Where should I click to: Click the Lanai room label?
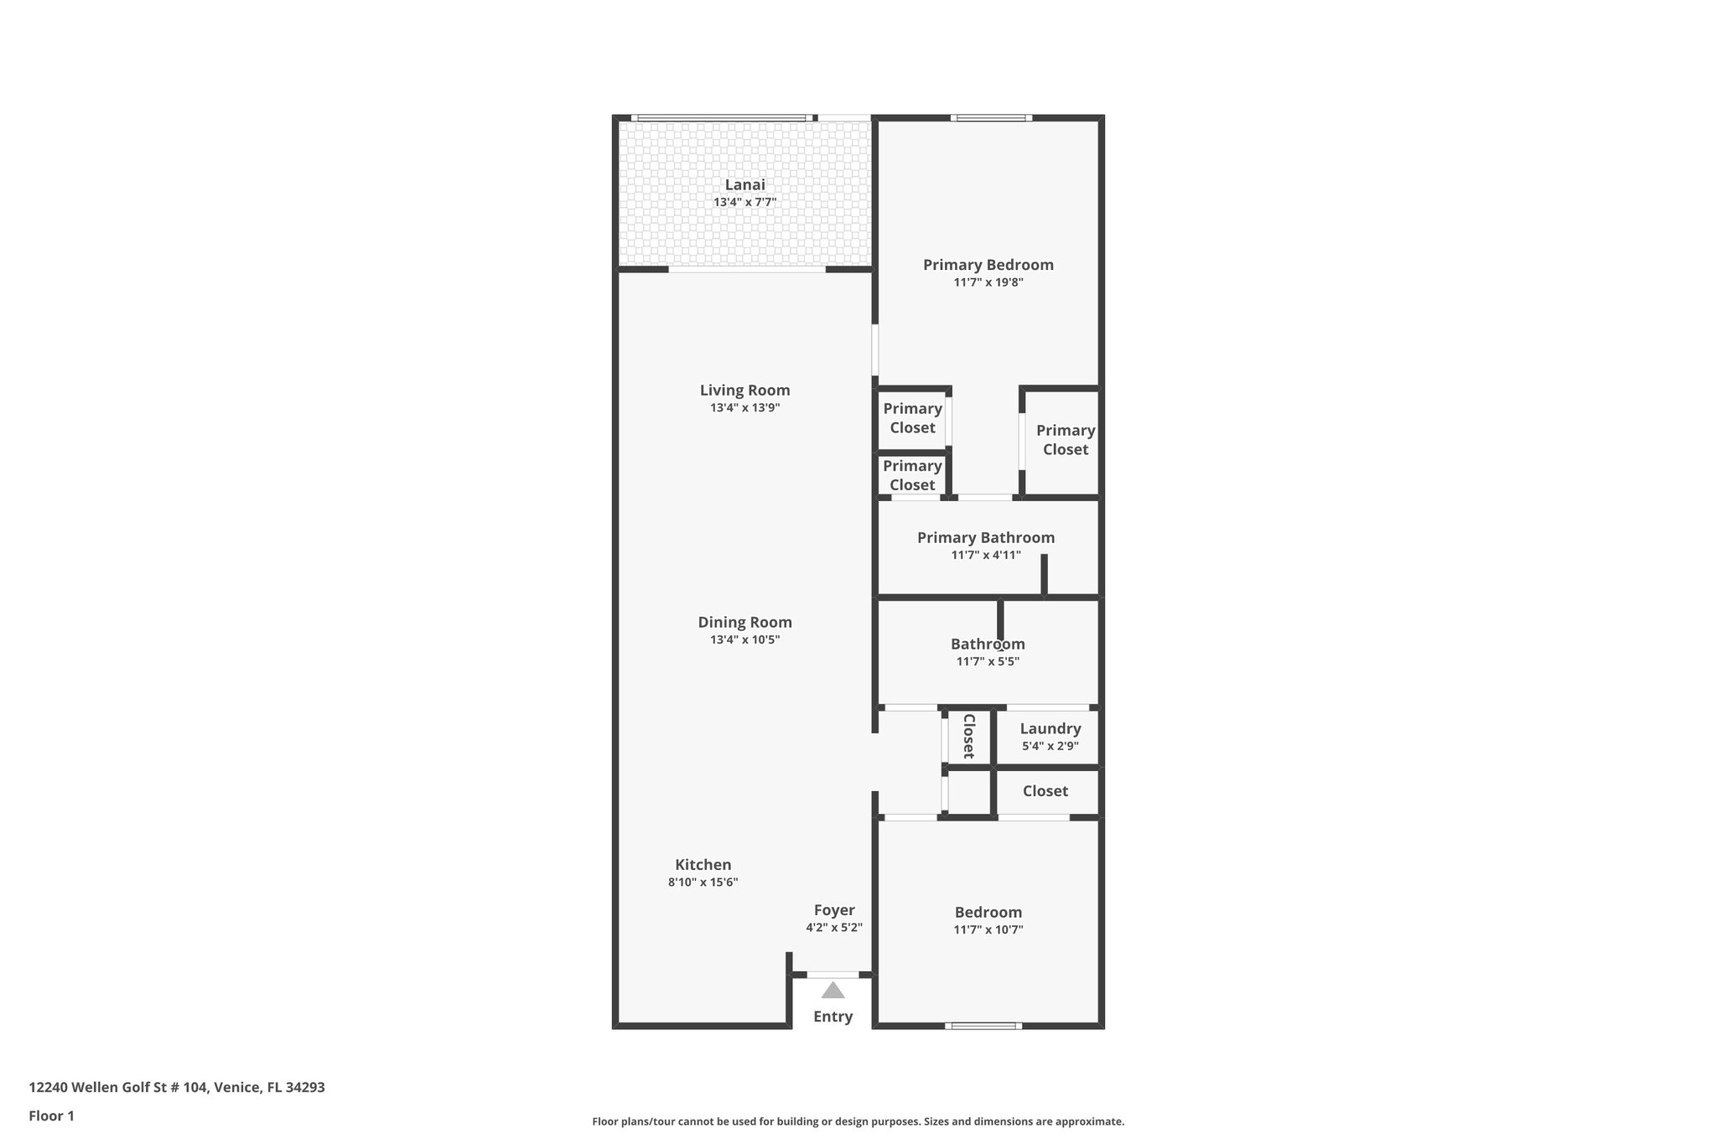744,185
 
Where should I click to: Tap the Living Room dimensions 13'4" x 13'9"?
744,408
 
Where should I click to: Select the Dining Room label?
744,622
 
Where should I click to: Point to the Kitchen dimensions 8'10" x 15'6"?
703,883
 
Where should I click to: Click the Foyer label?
834,910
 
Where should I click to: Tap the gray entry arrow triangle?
833,991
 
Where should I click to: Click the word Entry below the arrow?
833,1017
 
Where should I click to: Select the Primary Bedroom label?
988,265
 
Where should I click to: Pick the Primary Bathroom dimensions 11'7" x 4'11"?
985,555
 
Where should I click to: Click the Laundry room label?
1050,728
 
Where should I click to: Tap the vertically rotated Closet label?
968,736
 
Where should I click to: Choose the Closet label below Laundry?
1045,791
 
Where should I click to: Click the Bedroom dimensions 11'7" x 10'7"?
988,929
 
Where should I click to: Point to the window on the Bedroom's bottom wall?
983,1026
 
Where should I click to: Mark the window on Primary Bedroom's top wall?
990,117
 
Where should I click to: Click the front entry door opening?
833,975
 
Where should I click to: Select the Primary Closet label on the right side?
1065,440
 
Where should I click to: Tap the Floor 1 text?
52,1116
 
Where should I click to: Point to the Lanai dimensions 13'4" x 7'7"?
744,203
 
